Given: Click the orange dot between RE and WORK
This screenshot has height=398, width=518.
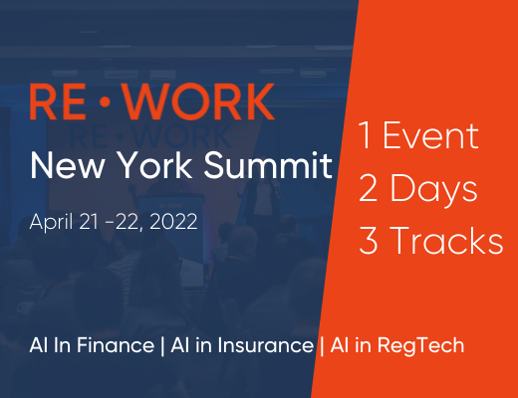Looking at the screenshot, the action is pyautogui.click(x=105, y=101).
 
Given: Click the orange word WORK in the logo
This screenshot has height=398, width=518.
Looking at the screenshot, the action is pyautogui.click(x=199, y=101).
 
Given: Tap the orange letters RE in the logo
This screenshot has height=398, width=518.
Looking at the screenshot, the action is pyautogui.click(x=58, y=101).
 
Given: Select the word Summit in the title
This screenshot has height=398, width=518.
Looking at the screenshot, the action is pyautogui.click(x=268, y=165).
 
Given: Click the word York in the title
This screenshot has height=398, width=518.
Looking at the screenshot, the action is pyautogui.click(x=155, y=165).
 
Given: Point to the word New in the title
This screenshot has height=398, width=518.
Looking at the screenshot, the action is pyautogui.click(x=67, y=165).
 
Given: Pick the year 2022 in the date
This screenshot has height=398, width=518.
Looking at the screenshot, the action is pyautogui.click(x=173, y=222).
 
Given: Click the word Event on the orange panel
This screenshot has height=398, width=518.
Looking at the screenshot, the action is pyautogui.click(x=430, y=135).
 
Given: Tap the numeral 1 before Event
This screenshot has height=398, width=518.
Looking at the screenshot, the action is pyautogui.click(x=365, y=134).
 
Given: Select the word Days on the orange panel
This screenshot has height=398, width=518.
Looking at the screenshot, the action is pyautogui.click(x=433, y=190).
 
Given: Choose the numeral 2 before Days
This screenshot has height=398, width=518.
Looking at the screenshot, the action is pyautogui.click(x=368, y=188).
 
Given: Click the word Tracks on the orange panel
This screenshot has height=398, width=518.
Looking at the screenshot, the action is pyautogui.click(x=447, y=240).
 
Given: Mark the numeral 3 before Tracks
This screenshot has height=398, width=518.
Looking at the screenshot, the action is pyautogui.click(x=368, y=241).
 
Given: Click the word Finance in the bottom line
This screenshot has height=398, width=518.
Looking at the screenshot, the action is pyautogui.click(x=116, y=345).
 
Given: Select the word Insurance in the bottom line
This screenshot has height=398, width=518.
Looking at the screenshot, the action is pyautogui.click(x=266, y=345).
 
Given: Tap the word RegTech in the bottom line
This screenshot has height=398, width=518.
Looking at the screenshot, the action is pyautogui.click(x=420, y=345).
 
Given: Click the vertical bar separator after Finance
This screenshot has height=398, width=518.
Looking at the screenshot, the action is pyautogui.click(x=162, y=345).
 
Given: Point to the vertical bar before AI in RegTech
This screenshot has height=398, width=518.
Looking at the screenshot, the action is pyautogui.click(x=322, y=345).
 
